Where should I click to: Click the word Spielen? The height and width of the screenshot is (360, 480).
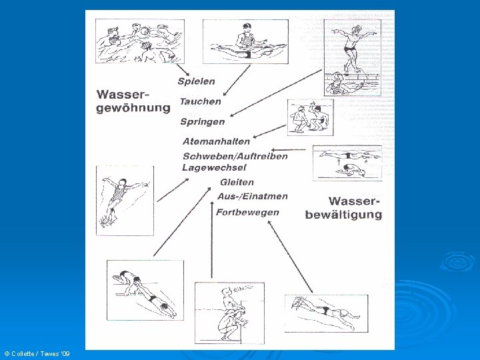tap(196, 81)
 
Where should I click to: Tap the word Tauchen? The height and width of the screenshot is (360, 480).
tap(200, 101)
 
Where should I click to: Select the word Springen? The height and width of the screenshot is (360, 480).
tap(202, 122)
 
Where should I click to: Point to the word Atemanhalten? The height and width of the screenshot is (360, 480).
tap(216, 141)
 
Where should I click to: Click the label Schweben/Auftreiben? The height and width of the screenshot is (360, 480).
tap(235, 156)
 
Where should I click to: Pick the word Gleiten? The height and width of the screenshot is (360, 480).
tap(237, 182)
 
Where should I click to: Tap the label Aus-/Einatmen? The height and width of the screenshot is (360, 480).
tap(252, 196)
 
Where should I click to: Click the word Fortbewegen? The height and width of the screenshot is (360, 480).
tap(247, 212)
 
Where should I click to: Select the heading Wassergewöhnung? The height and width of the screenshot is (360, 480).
tap(133, 102)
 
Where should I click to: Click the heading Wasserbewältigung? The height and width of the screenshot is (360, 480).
tap(344, 207)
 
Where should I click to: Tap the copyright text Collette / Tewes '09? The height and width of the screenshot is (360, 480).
tap(37, 352)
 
